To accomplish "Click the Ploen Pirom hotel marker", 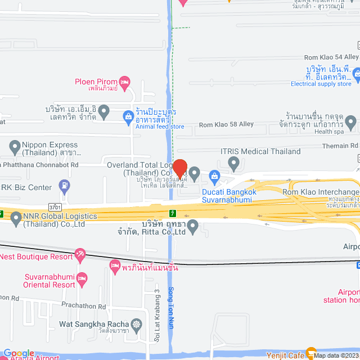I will [x=124, y=82].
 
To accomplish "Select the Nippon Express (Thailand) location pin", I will [x=15, y=148].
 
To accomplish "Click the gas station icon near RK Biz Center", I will [x=65, y=184].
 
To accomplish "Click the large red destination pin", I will [x=179, y=168].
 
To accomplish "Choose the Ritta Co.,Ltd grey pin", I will [x=193, y=227].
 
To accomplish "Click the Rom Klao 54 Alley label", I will [x=331, y=57].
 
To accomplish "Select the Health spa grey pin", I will [x=350, y=121].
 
